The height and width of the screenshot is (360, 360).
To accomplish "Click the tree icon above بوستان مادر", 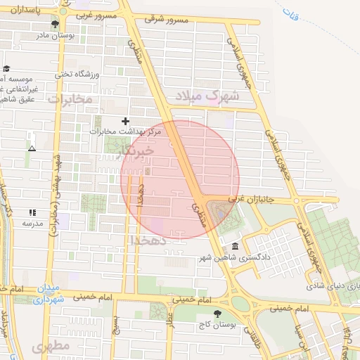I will coord(54,25).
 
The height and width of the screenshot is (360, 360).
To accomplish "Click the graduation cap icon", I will coord(6,69).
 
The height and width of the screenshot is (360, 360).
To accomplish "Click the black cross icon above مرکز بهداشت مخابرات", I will coord(126,121).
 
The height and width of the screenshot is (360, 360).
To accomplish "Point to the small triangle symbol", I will coord(32,148).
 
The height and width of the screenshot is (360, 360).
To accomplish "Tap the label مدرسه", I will coord(32,223).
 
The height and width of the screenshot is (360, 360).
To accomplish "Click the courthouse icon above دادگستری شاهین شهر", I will coord(235,246).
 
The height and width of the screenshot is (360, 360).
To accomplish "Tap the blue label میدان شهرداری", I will coord(49,295).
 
